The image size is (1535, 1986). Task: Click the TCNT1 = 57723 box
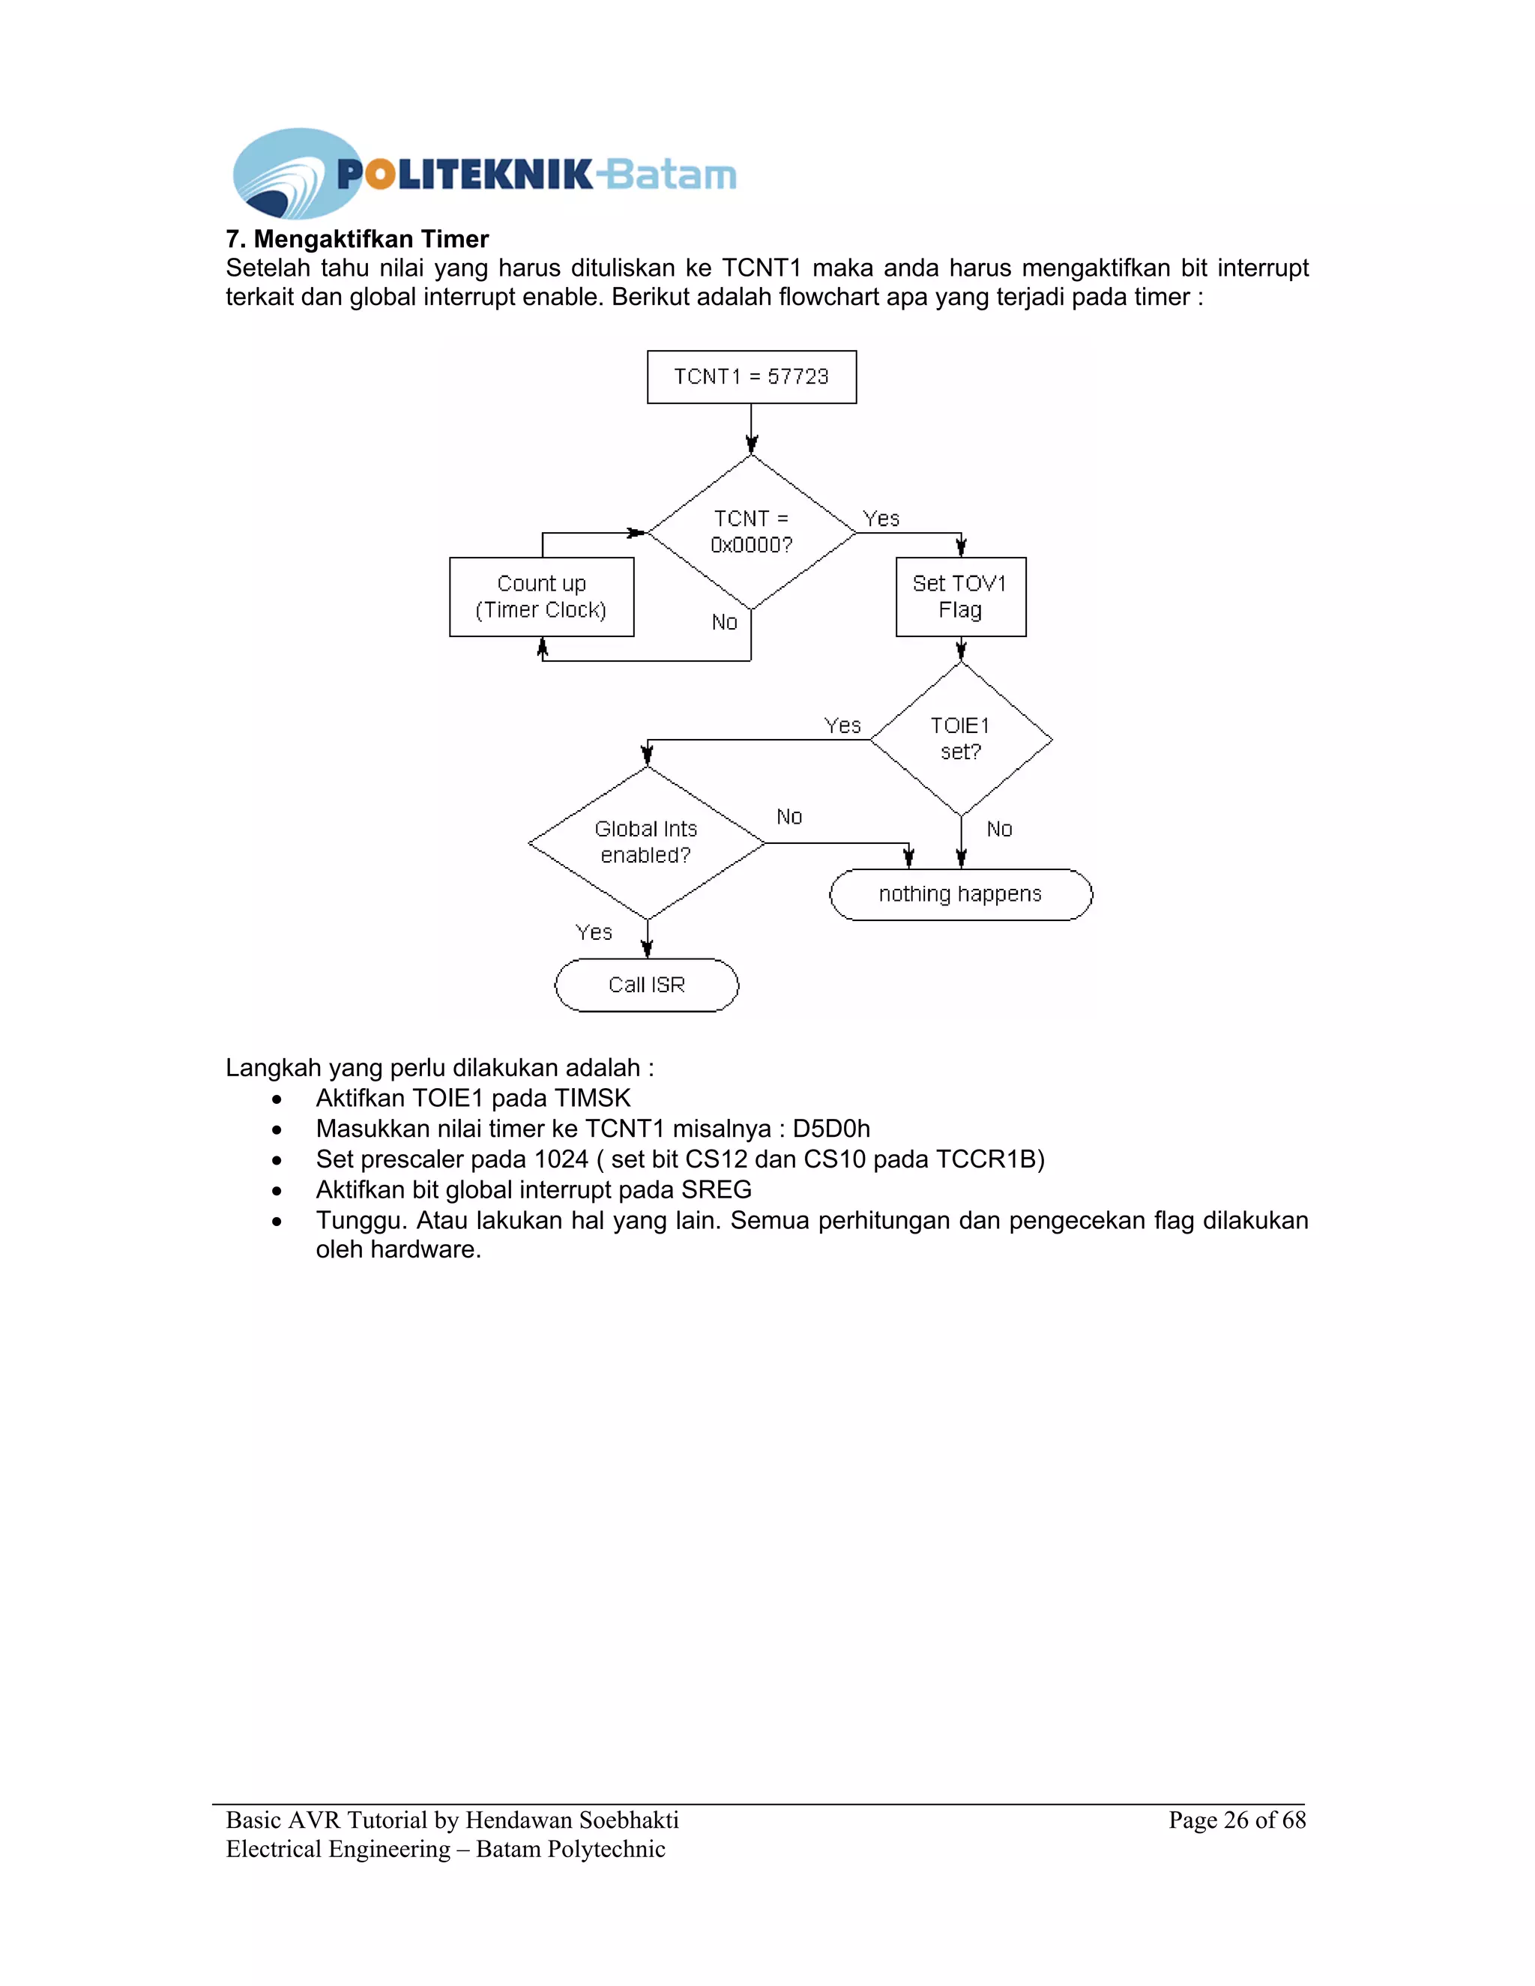751,376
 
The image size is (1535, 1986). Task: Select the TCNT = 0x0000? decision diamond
751,532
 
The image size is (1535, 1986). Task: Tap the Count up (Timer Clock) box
541,597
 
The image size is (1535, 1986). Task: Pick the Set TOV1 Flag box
960,597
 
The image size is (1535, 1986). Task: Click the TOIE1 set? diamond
960,738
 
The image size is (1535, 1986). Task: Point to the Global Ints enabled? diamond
647,842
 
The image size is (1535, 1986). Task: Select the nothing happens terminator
960,894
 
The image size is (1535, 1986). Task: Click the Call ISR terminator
647,985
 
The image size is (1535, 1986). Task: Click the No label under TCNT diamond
725,622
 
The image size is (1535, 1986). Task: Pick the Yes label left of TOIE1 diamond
842,725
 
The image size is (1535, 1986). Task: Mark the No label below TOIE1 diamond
999,828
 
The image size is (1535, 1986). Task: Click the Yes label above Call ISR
594,932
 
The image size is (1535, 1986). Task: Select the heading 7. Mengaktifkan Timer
358,239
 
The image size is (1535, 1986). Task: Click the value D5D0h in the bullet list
831,1129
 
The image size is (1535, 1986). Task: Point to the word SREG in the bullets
717,1189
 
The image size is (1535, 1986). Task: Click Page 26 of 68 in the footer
1237,1820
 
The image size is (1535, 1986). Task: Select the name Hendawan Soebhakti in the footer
572,1820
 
